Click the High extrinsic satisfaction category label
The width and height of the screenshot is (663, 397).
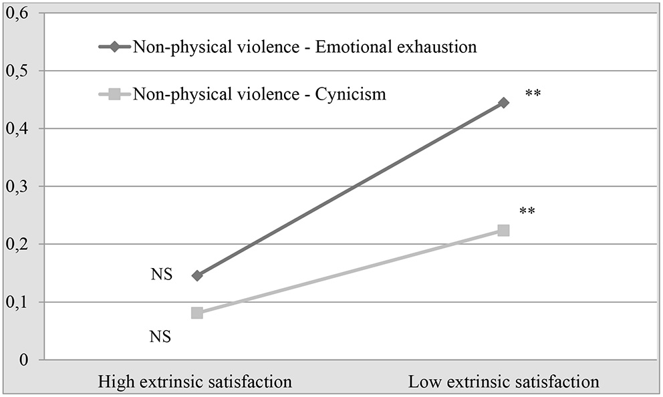pyautogui.click(x=195, y=383)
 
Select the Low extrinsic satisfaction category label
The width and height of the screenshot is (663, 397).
pyautogui.click(x=504, y=383)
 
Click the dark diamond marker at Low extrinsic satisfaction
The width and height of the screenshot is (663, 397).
pyautogui.click(x=503, y=103)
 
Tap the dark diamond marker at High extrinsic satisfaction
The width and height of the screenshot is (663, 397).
pyautogui.click(x=196, y=275)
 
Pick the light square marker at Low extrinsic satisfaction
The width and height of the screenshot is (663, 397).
pyautogui.click(x=503, y=231)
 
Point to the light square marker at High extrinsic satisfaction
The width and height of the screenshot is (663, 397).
pyautogui.click(x=196, y=313)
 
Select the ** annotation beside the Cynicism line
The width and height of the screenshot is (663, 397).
pyautogui.click(x=527, y=213)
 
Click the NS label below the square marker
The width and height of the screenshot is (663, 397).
pyautogui.click(x=161, y=336)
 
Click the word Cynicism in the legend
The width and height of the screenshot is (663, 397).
pyautogui.click(x=353, y=94)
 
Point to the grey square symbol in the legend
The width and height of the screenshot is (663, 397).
pyautogui.click(x=114, y=94)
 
